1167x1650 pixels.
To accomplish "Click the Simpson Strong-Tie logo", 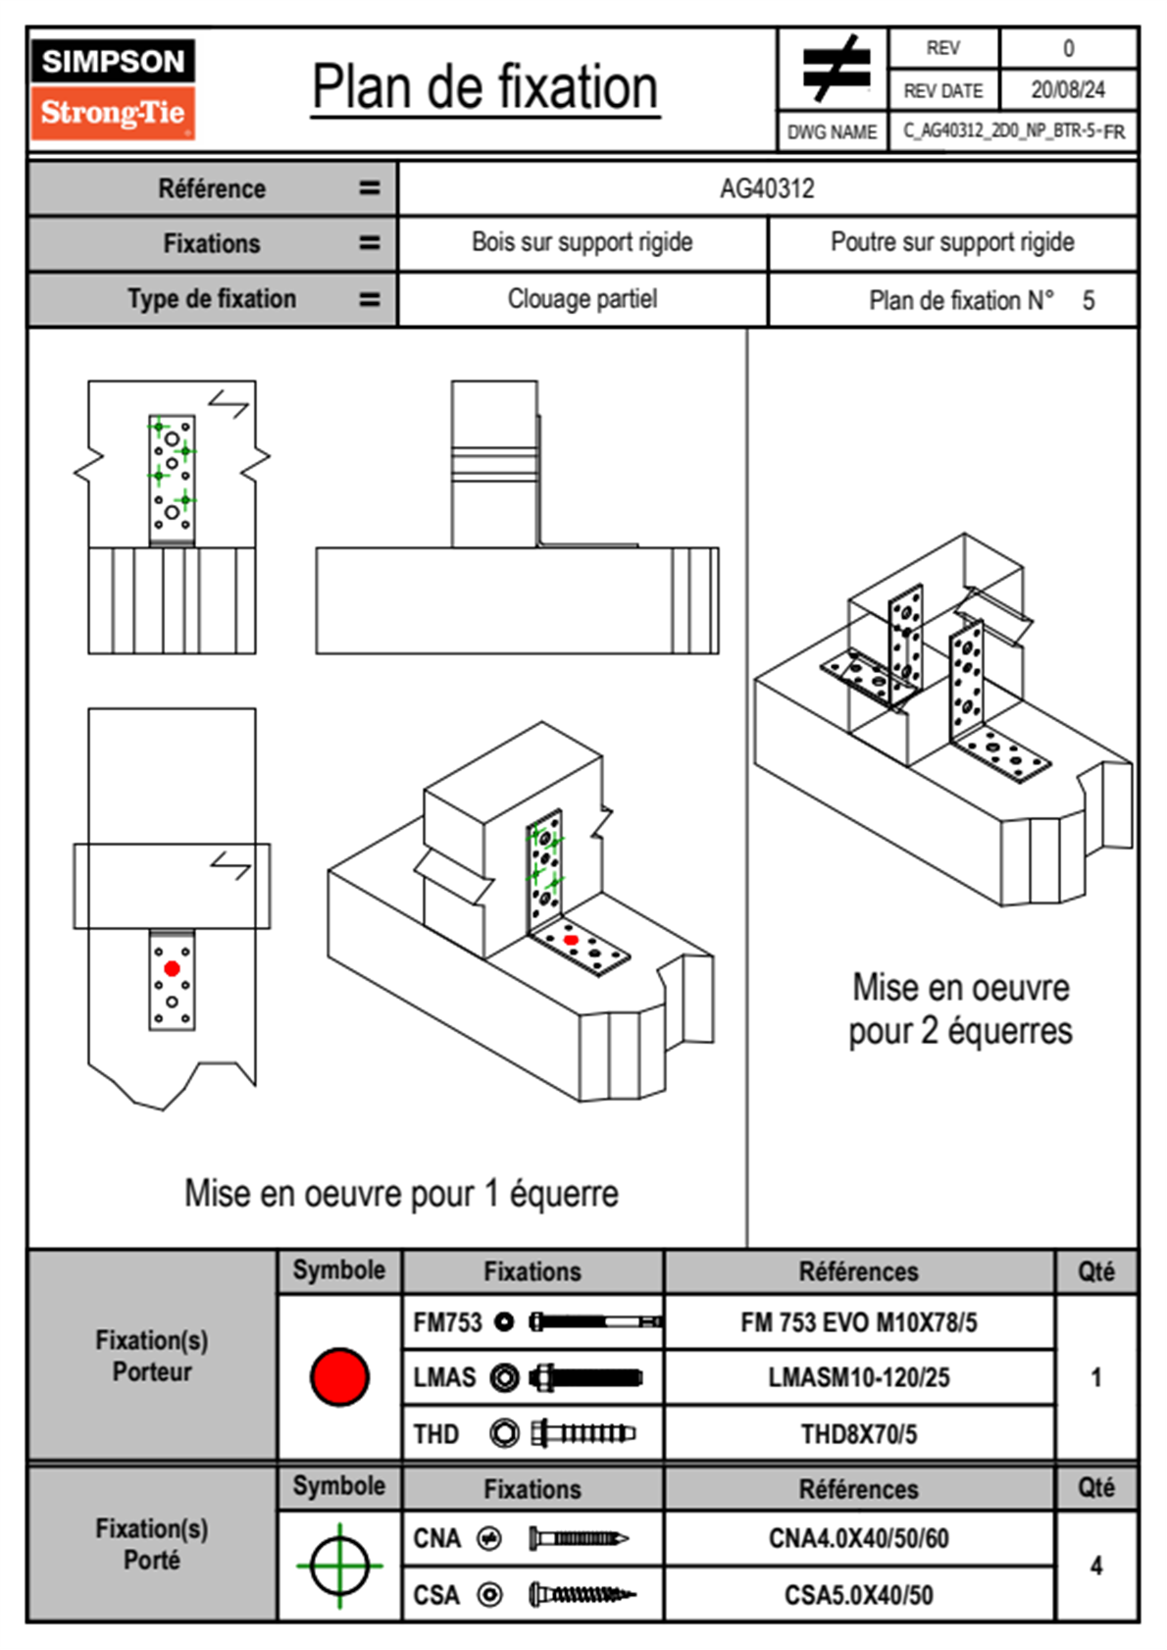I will [x=112, y=89].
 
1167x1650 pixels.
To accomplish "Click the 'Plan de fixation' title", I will [x=484, y=88].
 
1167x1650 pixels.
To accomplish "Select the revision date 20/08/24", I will [x=1067, y=90].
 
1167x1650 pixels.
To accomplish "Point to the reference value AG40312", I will [x=767, y=188].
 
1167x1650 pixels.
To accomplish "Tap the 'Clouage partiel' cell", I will [x=582, y=299].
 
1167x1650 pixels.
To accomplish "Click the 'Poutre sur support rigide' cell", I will [x=951, y=242].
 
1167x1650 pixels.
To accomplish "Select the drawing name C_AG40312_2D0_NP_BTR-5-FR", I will [x=1013, y=131].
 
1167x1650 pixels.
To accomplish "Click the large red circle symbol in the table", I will [x=339, y=1376].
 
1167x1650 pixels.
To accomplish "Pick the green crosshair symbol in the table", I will [x=339, y=1566].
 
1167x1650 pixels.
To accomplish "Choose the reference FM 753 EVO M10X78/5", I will [x=858, y=1323].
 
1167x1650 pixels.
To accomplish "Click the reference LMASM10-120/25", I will [x=858, y=1378].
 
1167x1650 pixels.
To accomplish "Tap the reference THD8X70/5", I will [x=858, y=1434].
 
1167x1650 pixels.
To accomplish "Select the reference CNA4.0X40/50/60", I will [x=858, y=1538].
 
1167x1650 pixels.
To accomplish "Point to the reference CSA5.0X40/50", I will [x=858, y=1595].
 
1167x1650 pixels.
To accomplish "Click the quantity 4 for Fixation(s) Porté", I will [x=1095, y=1566].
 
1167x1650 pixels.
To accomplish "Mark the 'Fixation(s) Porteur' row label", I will [x=152, y=1356].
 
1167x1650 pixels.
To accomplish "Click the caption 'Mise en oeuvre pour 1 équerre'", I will [x=401, y=1194].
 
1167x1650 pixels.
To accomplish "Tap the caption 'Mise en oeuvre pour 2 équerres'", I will [x=960, y=1009].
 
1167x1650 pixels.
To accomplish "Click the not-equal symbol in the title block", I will [x=835, y=69].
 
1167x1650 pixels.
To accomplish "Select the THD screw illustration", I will [x=583, y=1434].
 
